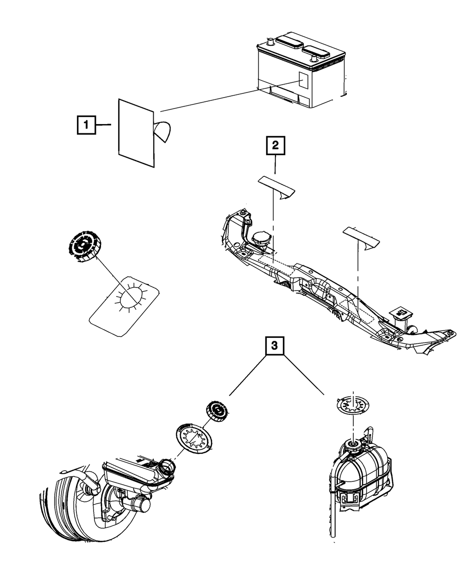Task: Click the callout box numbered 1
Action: [x=87, y=125]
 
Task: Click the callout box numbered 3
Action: [x=275, y=345]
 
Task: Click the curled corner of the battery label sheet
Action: [x=163, y=131]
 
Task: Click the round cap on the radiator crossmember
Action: [x=262, y=237]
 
